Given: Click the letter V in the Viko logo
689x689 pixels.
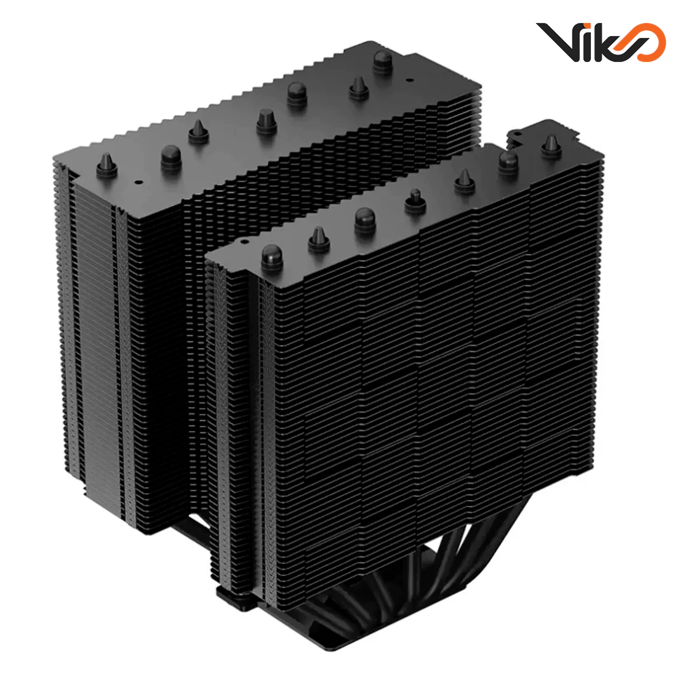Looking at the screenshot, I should click(558, 41).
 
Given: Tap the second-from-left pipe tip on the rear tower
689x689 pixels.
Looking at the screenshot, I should click(171, 156).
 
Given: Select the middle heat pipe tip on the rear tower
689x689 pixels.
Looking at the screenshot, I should click(266, 121).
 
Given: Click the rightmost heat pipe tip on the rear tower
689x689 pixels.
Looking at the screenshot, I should click(381, 60).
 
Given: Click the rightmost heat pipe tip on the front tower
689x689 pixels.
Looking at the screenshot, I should click(551, 146).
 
